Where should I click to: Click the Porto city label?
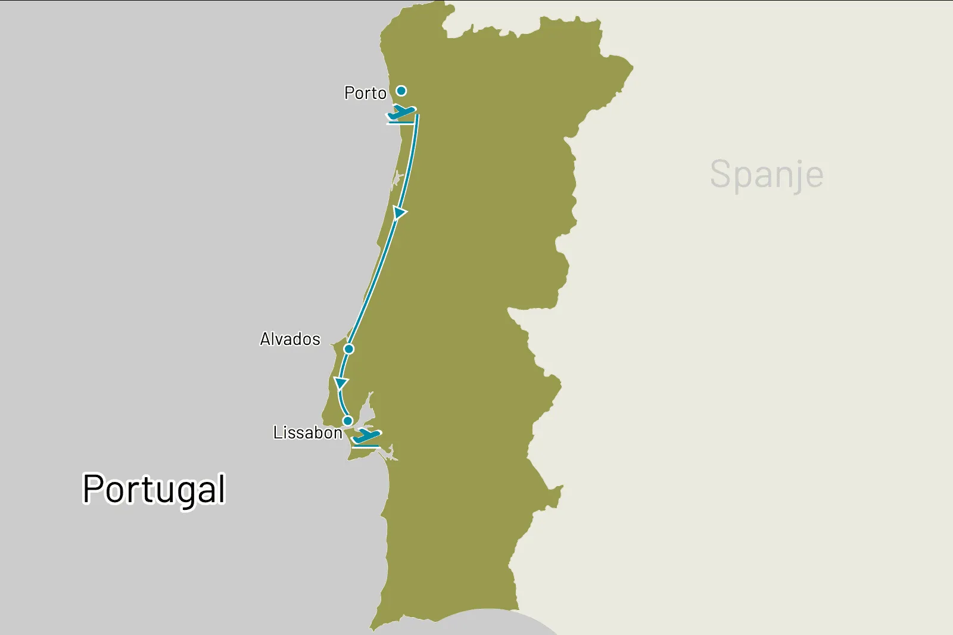click(365, 94)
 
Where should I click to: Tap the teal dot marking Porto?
click(401, 91)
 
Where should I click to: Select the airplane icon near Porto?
click(401, 112)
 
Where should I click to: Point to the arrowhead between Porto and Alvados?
click(400, 213)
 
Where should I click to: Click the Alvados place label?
click(290, 340)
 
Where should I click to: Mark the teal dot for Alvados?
click(349, 348)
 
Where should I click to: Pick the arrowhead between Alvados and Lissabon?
click(341, 382)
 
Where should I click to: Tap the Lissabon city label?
click(307, 433)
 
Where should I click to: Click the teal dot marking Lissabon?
click(348, 421)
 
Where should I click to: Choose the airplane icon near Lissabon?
click(367, 436)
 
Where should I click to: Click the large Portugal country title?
click(154, 490)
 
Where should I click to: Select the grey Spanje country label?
click(767, 175)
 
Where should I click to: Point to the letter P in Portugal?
click(94, 489)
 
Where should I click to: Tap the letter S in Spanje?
click(721, 174)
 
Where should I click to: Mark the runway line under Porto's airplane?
click(400, 123)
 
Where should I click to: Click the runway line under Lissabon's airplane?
click(365, 447)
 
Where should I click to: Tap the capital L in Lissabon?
click(277, 432)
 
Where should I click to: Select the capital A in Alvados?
click(266, 340)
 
